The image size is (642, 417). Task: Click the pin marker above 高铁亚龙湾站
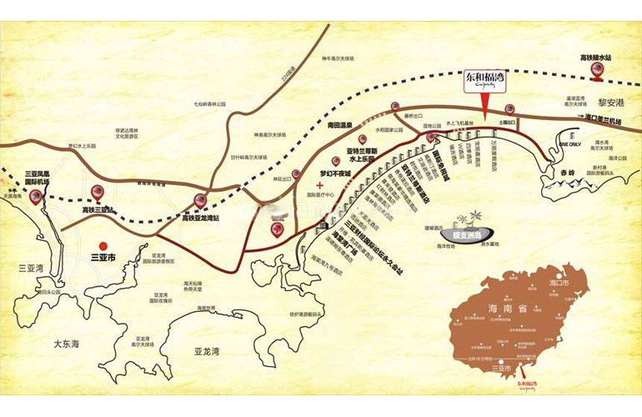[200, 201]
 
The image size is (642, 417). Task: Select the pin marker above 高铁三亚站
[98, 193]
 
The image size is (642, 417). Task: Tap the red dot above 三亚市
[103, 245]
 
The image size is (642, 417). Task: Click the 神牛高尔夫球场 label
[338, 58]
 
